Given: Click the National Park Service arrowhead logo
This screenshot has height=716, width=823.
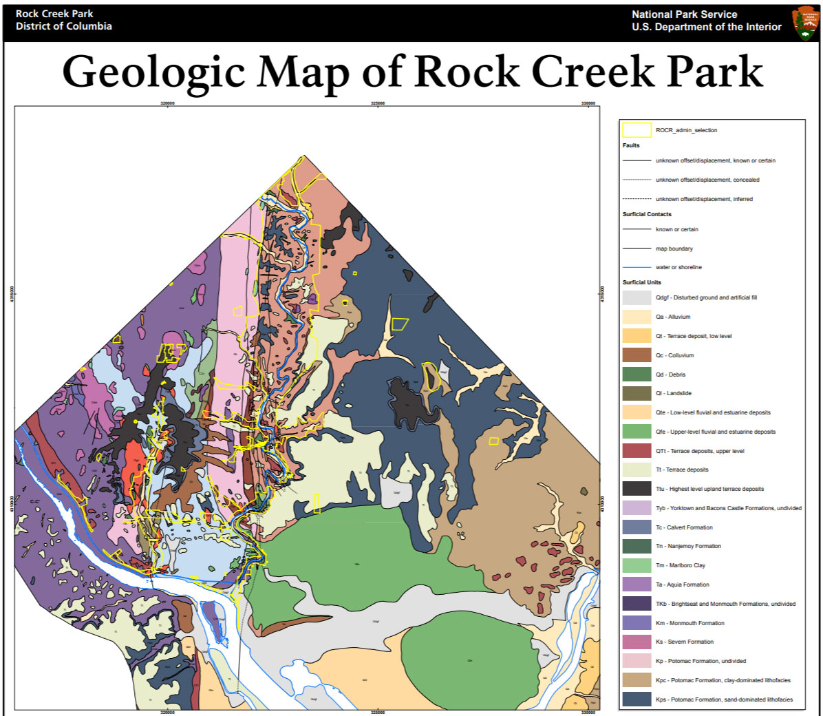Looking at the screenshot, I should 805,23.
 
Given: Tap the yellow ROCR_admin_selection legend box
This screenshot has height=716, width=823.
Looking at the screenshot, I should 637,129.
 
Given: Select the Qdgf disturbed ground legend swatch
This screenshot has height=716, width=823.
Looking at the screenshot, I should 637,297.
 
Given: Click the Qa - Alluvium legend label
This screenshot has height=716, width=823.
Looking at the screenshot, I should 673,317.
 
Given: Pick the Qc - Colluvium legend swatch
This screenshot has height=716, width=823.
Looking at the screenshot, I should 637,355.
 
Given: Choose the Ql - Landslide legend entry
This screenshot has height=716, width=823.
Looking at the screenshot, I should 673,393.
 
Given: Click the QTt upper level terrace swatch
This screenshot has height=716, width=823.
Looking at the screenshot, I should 637,451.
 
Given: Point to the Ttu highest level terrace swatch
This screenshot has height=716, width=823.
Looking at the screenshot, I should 637,489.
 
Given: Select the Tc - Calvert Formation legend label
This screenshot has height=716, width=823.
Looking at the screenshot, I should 684,527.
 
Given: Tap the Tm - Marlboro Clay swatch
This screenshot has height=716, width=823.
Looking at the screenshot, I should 637,565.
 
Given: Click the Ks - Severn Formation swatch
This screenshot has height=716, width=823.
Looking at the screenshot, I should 637,642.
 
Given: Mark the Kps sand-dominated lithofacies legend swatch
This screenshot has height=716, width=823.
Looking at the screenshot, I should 637,699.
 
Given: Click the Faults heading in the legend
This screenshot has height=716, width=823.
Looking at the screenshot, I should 631,145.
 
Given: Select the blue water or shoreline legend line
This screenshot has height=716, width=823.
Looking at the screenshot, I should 637,267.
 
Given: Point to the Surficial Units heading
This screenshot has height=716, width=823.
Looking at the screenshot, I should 641,282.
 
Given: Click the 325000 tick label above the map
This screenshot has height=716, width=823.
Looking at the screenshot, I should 378,103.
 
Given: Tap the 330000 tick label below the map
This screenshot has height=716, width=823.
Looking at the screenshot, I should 588,713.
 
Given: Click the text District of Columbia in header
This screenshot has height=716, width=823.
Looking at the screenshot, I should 63,26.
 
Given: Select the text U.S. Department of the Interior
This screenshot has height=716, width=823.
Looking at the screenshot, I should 707,27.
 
